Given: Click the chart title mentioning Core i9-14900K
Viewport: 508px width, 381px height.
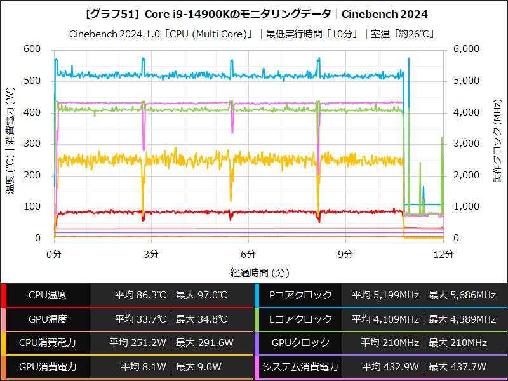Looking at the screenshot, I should tap(255, 13).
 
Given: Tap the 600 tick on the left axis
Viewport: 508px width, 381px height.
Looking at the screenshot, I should tap(31, 50).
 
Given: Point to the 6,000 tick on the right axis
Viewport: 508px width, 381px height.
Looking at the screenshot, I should tap(467, 50).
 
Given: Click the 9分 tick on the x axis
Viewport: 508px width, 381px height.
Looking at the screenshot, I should tap(345, 254).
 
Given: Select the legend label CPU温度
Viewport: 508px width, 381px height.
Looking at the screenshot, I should tap(48, 295).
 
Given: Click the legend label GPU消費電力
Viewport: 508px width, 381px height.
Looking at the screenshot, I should tap(48, 366).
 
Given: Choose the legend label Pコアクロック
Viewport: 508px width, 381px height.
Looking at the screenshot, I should tap(301, 295).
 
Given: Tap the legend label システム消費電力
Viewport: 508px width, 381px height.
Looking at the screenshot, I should tap(300, 366).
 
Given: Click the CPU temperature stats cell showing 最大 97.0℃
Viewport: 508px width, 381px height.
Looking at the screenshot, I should tap(201, 295).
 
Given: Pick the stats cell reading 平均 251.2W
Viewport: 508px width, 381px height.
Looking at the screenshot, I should tap(137, 343).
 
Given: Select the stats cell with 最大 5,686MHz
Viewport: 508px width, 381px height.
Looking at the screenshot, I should tap(462, 295).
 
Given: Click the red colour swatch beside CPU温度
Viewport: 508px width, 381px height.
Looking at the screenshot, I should tap(3, 295).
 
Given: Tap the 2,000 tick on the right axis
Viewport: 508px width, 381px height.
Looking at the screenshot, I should tap(467, 175).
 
